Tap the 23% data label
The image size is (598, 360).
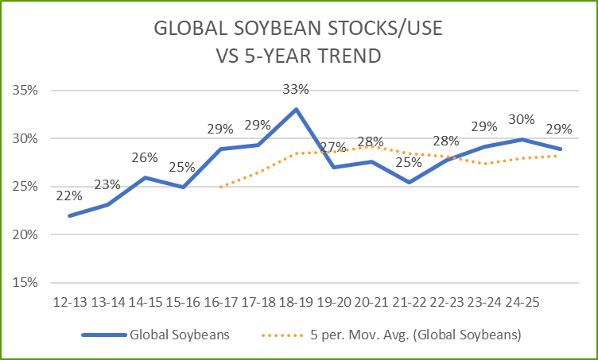(107, 184)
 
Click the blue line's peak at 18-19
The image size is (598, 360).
(296, 109)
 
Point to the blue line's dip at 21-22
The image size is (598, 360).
(409, 182)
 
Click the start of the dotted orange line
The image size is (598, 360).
(221, 187)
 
